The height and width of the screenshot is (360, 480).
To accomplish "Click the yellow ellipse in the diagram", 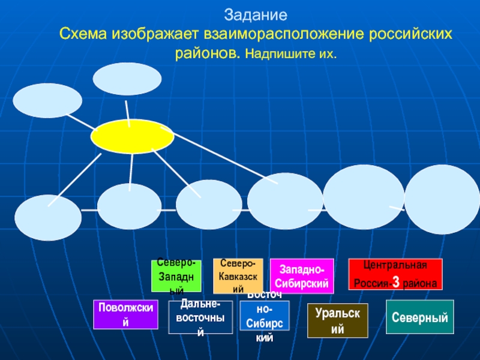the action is click(x=132, y=136).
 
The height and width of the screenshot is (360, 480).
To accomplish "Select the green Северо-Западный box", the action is click(x=176, y=275).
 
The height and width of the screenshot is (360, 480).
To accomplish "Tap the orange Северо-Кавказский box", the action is click(x=238, y=275).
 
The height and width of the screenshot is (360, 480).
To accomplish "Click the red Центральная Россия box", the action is click(x=395, y=275).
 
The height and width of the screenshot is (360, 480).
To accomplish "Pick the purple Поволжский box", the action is click(x=125, y=314).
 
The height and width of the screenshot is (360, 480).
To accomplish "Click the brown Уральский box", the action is click(x=338, y=320).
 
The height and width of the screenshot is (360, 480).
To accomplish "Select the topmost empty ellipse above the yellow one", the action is click(x=127, y=79).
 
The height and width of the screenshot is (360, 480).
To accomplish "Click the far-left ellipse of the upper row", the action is click(x=47, y=100).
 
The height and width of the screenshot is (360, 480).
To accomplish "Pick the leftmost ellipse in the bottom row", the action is click(x=48, y=217).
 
